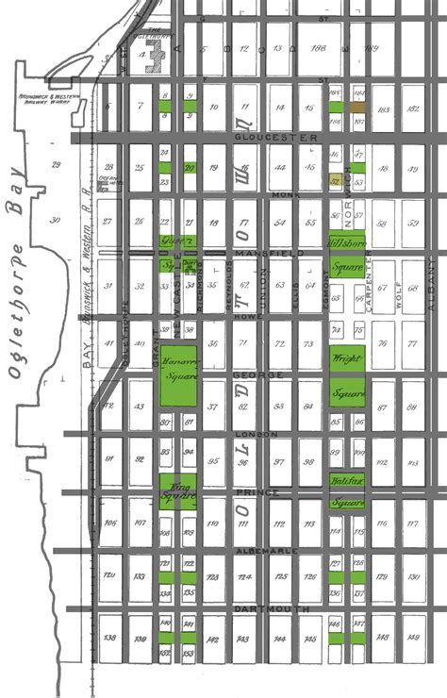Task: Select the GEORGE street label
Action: (248, 374)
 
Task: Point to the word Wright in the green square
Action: (346, 358)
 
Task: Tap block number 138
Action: (109, 639)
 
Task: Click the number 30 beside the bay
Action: (55, 220)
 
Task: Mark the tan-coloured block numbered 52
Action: (336, 179)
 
